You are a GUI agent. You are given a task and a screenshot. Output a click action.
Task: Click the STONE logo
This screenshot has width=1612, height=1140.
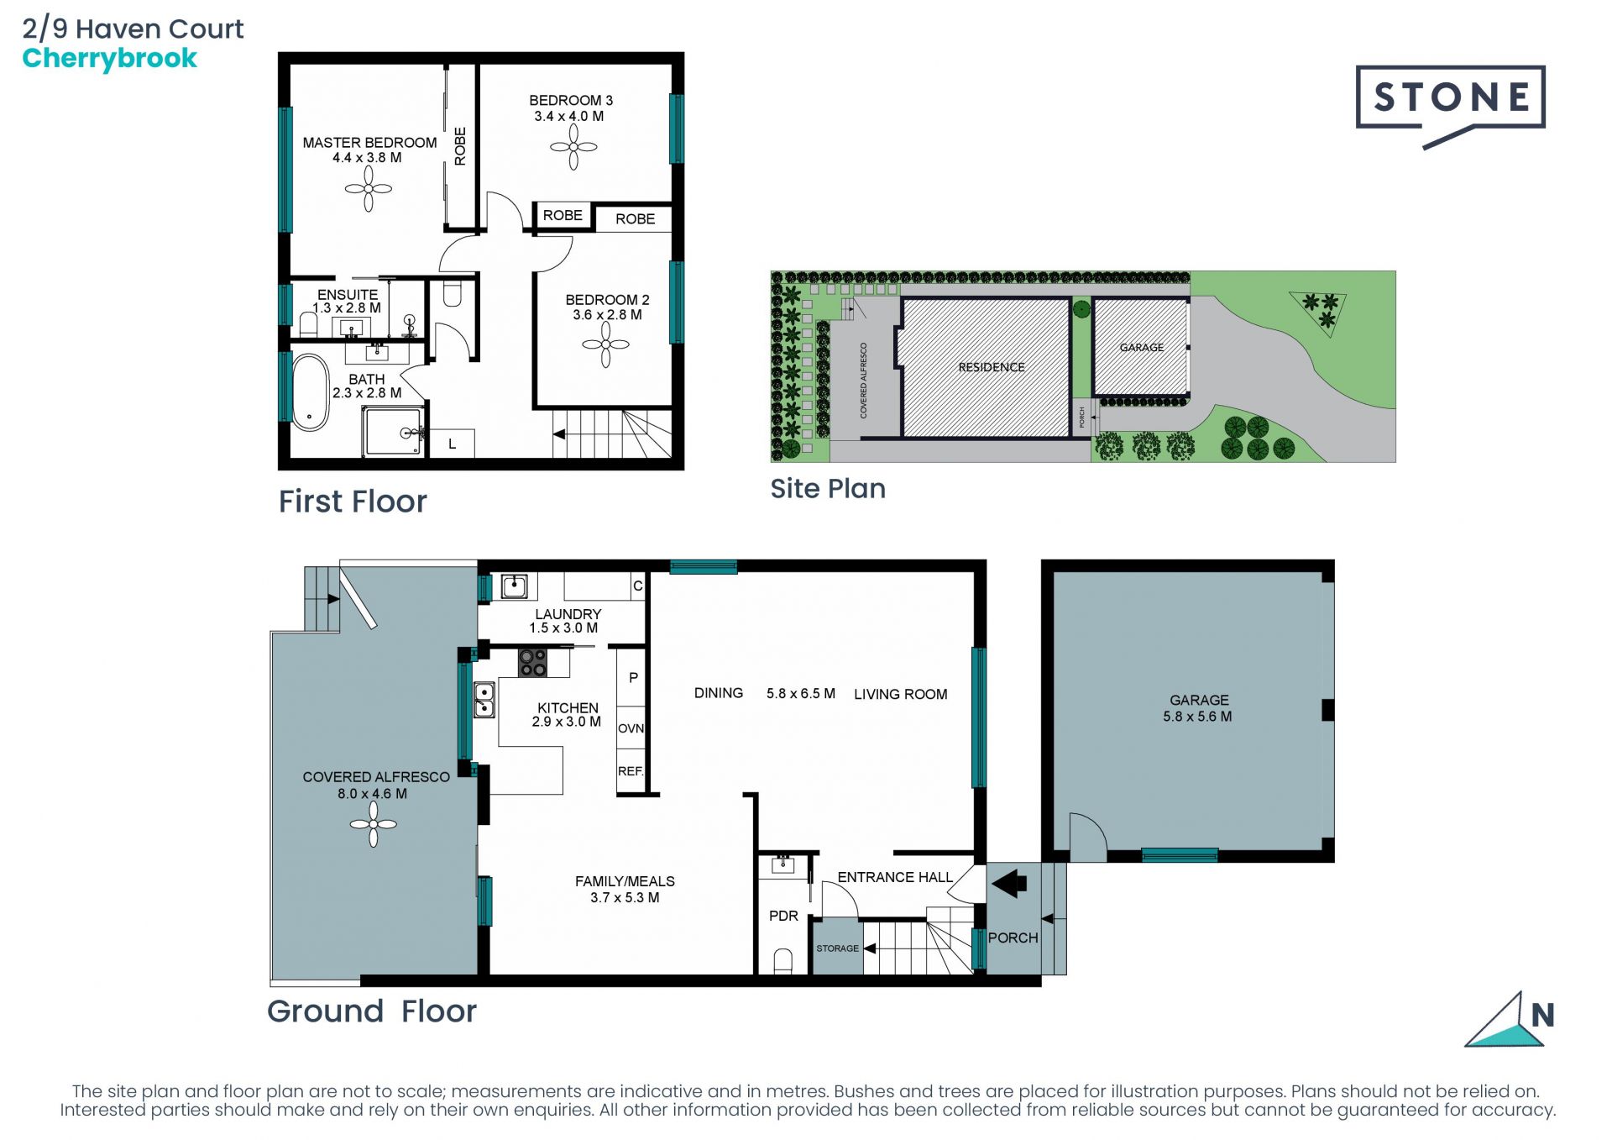click(1450, 106)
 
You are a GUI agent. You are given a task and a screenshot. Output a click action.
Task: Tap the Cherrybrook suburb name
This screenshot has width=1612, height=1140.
click(109, 59)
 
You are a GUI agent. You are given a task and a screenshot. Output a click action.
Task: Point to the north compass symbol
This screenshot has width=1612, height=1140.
click(1510, 1020)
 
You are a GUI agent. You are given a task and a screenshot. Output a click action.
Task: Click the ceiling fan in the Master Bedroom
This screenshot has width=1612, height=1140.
click(368, 189)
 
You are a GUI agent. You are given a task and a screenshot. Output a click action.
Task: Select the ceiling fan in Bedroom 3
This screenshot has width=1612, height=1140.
click(573, 147)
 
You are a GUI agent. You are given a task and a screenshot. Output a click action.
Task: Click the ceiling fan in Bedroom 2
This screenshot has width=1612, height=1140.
click(605, 344)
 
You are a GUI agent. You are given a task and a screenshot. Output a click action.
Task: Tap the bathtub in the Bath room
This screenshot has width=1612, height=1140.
click(310, 392)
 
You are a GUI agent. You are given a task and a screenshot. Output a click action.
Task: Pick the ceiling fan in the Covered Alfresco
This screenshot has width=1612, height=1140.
click(374, 824)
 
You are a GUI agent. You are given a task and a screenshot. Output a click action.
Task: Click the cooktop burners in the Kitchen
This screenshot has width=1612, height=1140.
click(532, 662)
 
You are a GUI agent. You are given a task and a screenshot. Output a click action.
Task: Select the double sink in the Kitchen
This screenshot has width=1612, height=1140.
click(484, 700)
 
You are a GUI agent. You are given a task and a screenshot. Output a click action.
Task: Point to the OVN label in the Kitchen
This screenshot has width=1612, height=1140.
click(631, 728)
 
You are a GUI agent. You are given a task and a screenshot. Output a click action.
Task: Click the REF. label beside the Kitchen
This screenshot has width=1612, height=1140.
click(631, 771)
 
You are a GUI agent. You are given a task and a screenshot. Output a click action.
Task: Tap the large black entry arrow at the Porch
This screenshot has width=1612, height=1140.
click(1009, 884)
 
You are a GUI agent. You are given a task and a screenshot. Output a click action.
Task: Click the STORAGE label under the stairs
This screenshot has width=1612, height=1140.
click(837, 948)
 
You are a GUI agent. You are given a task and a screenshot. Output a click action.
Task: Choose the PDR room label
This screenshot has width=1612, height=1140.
click(783, 916)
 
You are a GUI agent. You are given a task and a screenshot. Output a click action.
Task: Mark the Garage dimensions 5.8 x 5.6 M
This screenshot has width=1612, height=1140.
click(1197, 717)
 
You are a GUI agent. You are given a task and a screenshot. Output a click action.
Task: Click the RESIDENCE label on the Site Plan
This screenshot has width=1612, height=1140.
click(992, 367)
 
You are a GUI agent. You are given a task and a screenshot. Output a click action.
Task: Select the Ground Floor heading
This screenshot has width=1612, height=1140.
click(372, 1011)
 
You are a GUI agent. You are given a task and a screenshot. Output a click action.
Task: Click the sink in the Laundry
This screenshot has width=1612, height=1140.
click(514, 586)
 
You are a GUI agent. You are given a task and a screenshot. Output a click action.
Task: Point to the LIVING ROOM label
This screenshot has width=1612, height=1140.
click(901, 694)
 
